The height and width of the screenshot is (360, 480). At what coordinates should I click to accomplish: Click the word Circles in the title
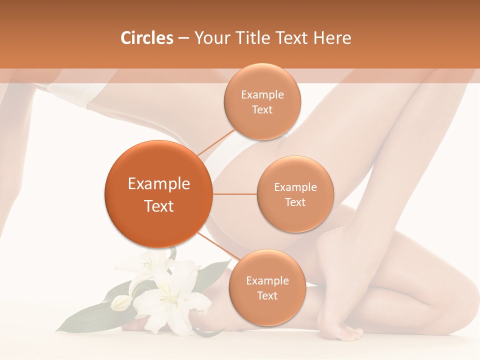point(146,38)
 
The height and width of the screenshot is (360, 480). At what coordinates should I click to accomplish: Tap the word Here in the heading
point(332,38)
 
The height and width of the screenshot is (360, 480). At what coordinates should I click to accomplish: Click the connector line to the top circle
point(216,142)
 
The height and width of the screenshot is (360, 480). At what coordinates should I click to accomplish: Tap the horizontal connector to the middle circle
point(234,193)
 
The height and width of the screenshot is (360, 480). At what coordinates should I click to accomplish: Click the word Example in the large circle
point(158,184)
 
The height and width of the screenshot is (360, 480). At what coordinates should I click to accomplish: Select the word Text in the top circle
point(262,109)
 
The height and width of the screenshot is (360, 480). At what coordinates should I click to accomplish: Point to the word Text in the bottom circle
point(267,295)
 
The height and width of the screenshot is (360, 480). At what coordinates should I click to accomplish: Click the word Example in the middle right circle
point(295,187)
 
